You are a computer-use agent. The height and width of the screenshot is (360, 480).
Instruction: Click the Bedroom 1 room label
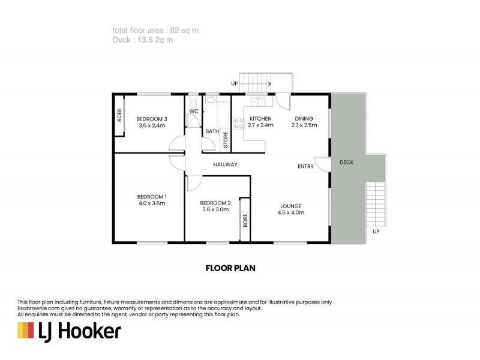coord(152,197)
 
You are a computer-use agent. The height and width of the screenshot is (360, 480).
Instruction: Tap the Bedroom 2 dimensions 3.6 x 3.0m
coord(215,209)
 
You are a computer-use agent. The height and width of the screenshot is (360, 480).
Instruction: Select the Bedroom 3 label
coord(151,119)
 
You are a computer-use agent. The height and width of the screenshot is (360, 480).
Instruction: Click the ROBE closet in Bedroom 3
coord(119,115)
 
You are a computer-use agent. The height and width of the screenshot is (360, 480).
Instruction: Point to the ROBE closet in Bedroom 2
coord(245,219)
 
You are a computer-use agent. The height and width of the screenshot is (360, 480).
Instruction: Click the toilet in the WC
coord(193,103)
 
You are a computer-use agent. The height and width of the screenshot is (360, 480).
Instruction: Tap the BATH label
coord(212,131)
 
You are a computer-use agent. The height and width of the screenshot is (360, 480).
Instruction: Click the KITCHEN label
coord(260,119)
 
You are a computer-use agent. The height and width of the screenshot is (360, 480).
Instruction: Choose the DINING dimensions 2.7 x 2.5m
coord(304,126)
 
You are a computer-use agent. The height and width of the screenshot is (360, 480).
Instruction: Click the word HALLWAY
coord(226,164)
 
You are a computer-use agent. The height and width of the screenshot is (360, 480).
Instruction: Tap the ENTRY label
coord(305,167)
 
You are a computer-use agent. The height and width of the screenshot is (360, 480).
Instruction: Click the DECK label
coord(346,163)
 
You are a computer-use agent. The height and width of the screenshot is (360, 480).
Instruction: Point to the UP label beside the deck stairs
coord(376,231)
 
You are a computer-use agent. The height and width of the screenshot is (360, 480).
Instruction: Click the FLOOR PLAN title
coord(231,268)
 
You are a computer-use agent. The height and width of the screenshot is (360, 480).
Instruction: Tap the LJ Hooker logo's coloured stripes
coord(25,331)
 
